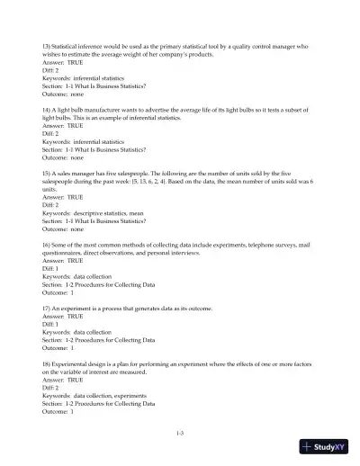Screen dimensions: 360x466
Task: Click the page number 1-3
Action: point(180,433)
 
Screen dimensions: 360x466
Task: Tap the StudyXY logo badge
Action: point(327,447)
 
